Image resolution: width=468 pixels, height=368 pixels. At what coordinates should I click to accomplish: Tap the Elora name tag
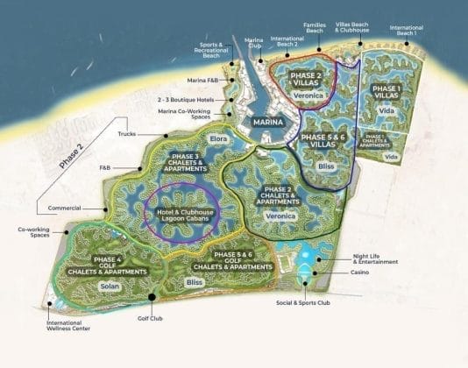pos(218,138)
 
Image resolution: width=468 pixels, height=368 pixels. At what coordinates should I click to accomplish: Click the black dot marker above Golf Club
pos(151,296)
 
